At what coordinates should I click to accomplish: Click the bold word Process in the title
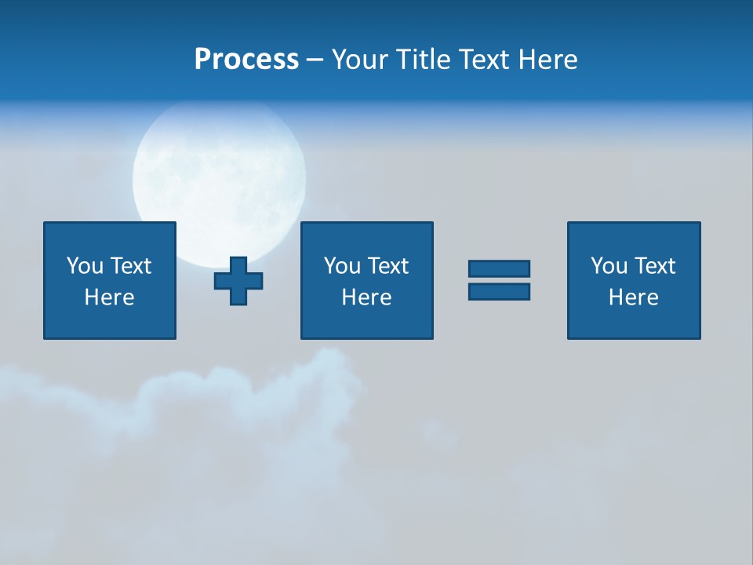246,60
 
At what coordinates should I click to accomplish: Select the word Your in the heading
360,60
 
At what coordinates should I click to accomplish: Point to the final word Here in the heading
547,60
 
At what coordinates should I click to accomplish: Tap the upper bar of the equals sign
499,268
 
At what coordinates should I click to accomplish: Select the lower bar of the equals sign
499,291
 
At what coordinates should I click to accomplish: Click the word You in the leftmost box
85,266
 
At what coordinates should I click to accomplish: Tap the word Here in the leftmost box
109,297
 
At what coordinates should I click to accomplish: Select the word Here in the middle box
366,297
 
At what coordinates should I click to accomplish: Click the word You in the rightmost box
609,266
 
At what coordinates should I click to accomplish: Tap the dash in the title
315,60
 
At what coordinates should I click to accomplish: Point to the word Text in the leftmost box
130,266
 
